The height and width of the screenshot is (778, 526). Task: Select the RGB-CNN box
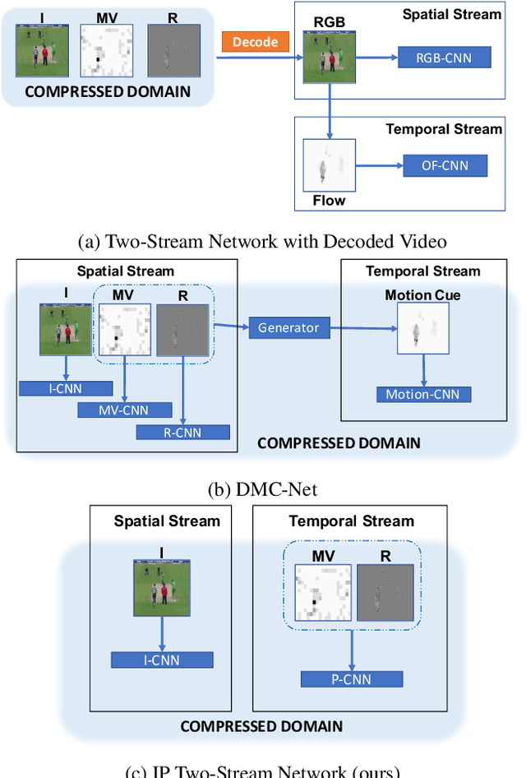(445, 57)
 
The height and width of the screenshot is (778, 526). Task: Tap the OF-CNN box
(445, 166)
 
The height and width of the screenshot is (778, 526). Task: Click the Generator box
(288, 327)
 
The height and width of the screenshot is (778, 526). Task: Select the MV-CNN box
(125, 409)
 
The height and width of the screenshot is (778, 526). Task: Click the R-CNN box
(183, 432)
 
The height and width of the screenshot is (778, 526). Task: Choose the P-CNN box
(352, 679)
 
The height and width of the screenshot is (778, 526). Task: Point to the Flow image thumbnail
(329, 165)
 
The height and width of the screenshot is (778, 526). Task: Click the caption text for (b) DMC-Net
(262, 489)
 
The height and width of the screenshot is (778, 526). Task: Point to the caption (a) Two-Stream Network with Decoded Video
(262, 243)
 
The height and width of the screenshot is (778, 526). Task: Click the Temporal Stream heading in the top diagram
(444, 129)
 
